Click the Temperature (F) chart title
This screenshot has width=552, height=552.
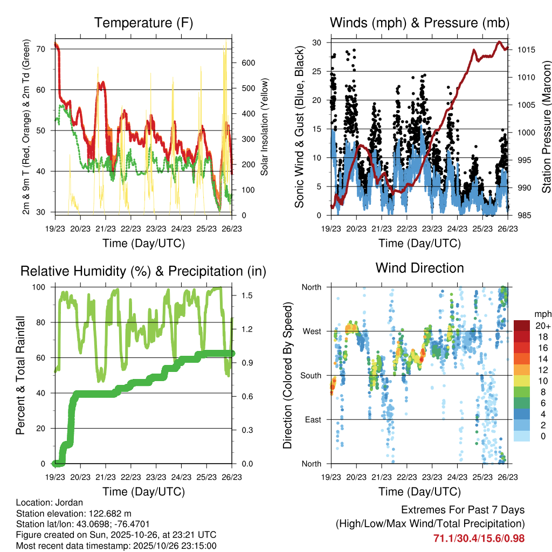click(143, 23)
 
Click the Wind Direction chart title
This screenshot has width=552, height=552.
click(419, 267)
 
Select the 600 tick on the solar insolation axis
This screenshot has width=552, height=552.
click(247, 63)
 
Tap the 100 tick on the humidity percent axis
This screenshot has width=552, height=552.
click(41, 287)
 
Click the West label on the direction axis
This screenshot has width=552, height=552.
click(311, 332)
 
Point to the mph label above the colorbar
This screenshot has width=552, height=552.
click(542, 313)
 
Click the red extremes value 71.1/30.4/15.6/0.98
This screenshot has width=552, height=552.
click(479, 538)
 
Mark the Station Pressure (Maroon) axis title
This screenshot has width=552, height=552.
click(546, 127)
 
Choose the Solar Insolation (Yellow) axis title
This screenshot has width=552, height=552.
click(265, 127)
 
